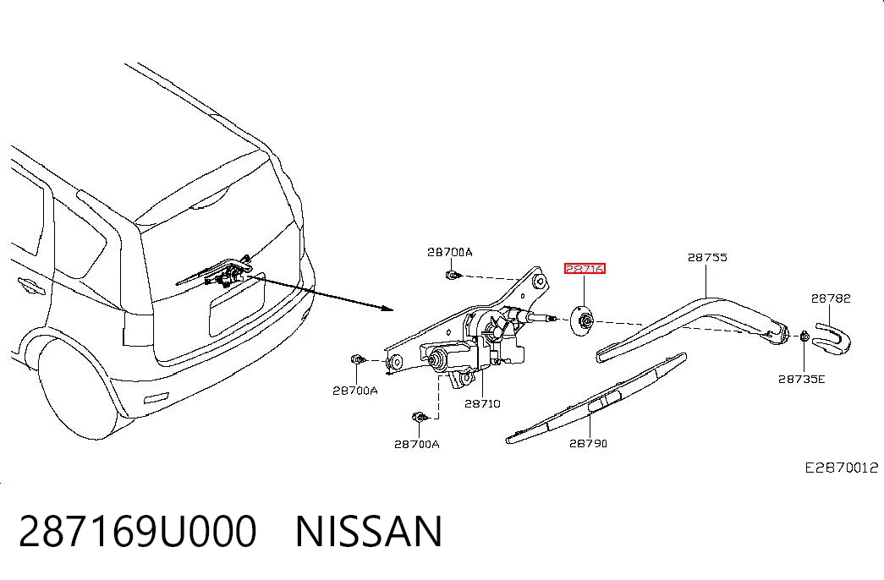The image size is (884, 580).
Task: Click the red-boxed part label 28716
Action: coord(585,269)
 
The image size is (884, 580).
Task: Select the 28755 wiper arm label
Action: coord(707,258)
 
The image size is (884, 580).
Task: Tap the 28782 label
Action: coord(831,298)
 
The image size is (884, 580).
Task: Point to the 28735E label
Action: coord(801,380)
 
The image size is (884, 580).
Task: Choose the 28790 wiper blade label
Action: coord(588,444)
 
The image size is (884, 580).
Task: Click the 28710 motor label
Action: coord(482,403)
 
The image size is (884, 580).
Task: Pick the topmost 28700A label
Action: coord(449,252)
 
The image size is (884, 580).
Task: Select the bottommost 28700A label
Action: coord(417,444)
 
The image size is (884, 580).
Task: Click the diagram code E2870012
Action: coord(841,468)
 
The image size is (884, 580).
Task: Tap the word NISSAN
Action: coord(369,532)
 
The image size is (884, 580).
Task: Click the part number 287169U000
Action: coord(138,532)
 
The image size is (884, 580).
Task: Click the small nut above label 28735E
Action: coord(804,337)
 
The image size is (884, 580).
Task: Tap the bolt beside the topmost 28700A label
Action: coord(452,276)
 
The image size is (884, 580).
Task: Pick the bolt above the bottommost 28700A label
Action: coord(420,418)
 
